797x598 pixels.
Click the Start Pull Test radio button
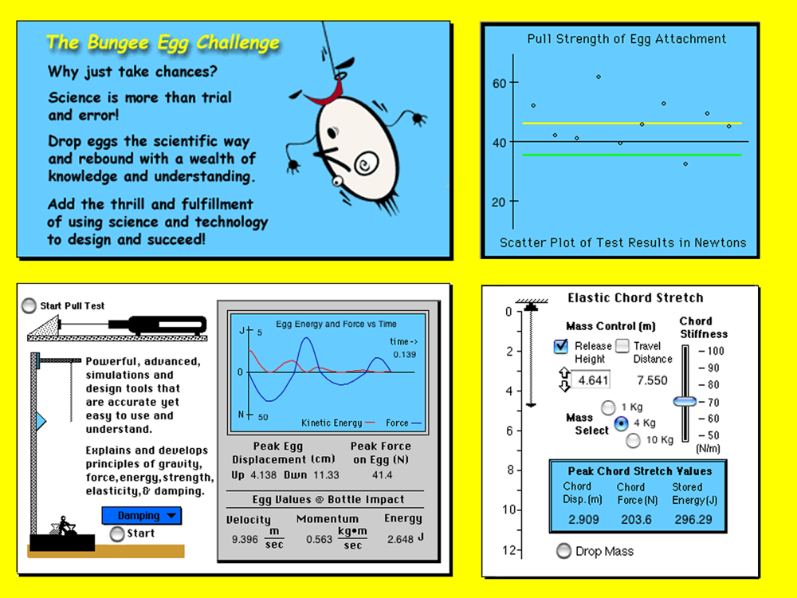point(29,305)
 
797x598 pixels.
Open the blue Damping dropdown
point(141,516)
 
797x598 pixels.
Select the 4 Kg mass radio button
point(621,423)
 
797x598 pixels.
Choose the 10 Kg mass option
point(634,440)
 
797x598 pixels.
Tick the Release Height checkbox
point(560,346)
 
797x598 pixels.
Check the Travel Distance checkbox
point(622,346)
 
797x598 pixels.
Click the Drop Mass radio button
point(563,551)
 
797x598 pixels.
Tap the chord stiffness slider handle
point(685,401)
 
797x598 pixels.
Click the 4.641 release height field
point(591,380)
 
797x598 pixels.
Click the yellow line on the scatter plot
point(632,123)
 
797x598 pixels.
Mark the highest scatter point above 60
point(599,77)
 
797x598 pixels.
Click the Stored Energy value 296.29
point(694,520)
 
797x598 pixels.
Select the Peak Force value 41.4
point(382,475)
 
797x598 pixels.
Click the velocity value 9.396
point(245,539)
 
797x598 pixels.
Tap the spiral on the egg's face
point(366,163)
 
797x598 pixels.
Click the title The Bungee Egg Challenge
point(163,43)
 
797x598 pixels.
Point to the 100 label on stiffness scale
point(715,351)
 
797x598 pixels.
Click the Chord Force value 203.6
point(636,520)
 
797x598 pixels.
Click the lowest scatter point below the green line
point(685,163)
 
